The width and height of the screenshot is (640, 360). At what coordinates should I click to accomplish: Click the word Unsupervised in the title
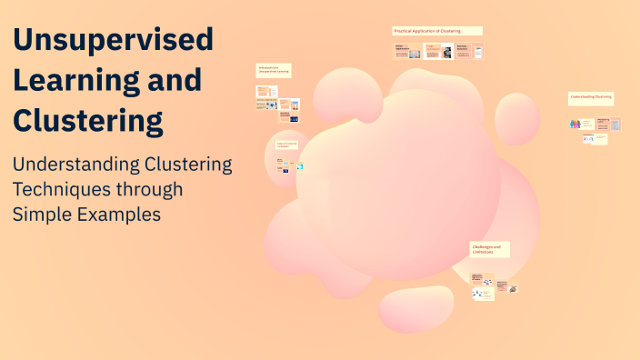point(113,39)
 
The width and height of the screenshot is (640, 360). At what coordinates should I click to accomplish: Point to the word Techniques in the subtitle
point(60,190)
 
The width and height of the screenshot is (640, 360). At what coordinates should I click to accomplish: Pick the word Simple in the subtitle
point(42,215)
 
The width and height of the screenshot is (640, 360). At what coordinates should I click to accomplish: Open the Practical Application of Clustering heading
point(437,31)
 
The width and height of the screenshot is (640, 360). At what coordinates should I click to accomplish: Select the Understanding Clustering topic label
point(591,96)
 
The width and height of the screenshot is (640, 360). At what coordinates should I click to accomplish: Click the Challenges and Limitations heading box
point(489,249)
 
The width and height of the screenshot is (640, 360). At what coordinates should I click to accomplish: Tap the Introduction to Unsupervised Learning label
point(274,70)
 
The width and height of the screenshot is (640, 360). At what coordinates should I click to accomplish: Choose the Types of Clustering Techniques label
point(288,145)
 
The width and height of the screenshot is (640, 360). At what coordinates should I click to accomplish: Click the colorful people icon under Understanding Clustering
point(575,124)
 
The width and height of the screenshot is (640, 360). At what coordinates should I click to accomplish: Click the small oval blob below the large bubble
point(415,308)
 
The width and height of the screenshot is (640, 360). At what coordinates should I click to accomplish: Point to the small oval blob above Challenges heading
point(517,118)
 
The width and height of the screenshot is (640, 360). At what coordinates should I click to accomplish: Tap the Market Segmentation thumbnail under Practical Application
point(407,52)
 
